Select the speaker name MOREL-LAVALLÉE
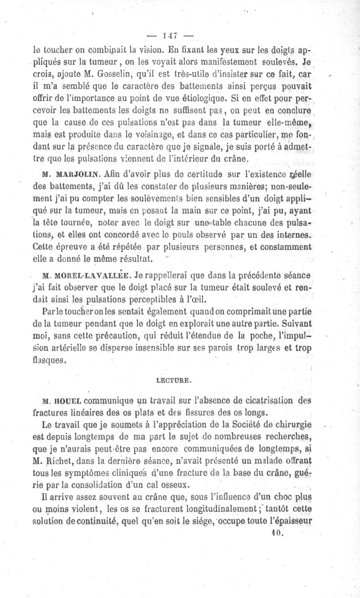point(85,276)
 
